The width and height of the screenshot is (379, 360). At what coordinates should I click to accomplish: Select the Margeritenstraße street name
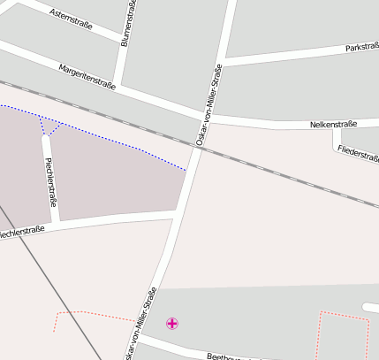pos(88,76)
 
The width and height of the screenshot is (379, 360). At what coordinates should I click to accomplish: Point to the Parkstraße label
pos(360,47)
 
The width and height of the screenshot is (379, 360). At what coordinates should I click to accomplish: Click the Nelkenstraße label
pos(333,125)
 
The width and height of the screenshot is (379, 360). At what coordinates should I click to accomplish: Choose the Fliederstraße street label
pos(358,152)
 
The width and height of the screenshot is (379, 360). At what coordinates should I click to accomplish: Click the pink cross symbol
pos(171,324)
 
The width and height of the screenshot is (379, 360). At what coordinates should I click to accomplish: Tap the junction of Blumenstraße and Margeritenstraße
pos(116,85)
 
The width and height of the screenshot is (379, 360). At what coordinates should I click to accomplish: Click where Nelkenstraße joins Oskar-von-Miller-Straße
pos(208,115)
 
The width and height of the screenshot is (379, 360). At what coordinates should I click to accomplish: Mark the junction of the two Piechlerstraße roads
pos(55,222)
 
